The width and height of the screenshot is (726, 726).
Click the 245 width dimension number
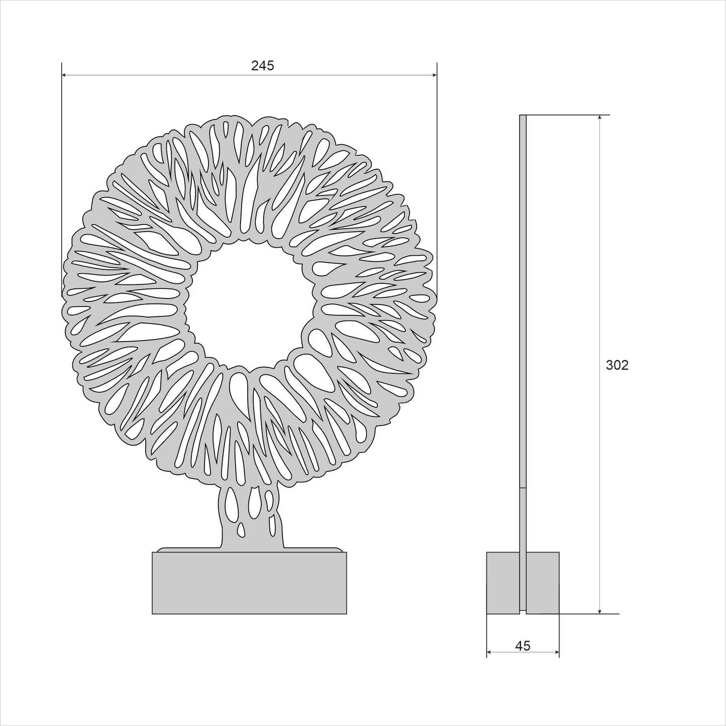click(263, 65)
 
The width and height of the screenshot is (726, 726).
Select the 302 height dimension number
click(617, 365)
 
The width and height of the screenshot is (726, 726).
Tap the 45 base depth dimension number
click(523, 646)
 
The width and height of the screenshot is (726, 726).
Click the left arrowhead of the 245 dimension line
click(65, 75)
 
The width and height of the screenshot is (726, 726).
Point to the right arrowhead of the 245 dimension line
click(434, 75)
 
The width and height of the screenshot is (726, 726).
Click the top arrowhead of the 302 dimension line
click(600, 118)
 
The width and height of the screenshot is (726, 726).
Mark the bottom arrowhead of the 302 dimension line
click(600, 610)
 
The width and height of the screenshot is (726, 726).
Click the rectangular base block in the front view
click(249, 583)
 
